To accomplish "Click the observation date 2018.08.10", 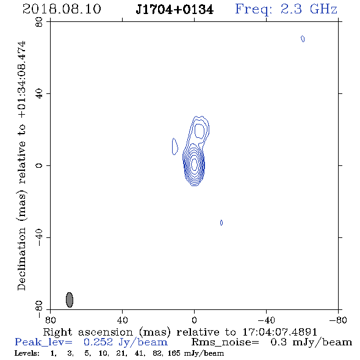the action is click(62, 9).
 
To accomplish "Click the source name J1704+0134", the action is click(175, 10).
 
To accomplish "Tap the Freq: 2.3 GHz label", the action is click(286, 10).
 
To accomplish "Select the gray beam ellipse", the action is click(70, 300).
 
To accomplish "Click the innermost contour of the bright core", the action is click(195, 164).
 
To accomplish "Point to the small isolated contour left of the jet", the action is click(175, 146).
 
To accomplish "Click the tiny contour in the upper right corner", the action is click(303, 39).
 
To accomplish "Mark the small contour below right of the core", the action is click(221, 223).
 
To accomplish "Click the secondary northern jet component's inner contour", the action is click(200, 131).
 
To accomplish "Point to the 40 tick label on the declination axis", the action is click(39, 94).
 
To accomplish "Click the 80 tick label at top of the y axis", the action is click(39, 22).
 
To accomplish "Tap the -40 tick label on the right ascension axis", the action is click(266, 320).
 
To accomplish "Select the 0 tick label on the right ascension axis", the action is click(194, 320).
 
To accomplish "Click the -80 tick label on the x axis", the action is click(338, 320).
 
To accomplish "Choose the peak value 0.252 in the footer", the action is click(98, 342).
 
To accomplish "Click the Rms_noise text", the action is click(225, 342).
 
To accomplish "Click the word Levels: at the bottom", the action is click(27, 353).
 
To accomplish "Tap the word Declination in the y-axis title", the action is click(21, 259).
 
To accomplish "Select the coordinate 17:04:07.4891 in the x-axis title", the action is click(280, 332).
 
